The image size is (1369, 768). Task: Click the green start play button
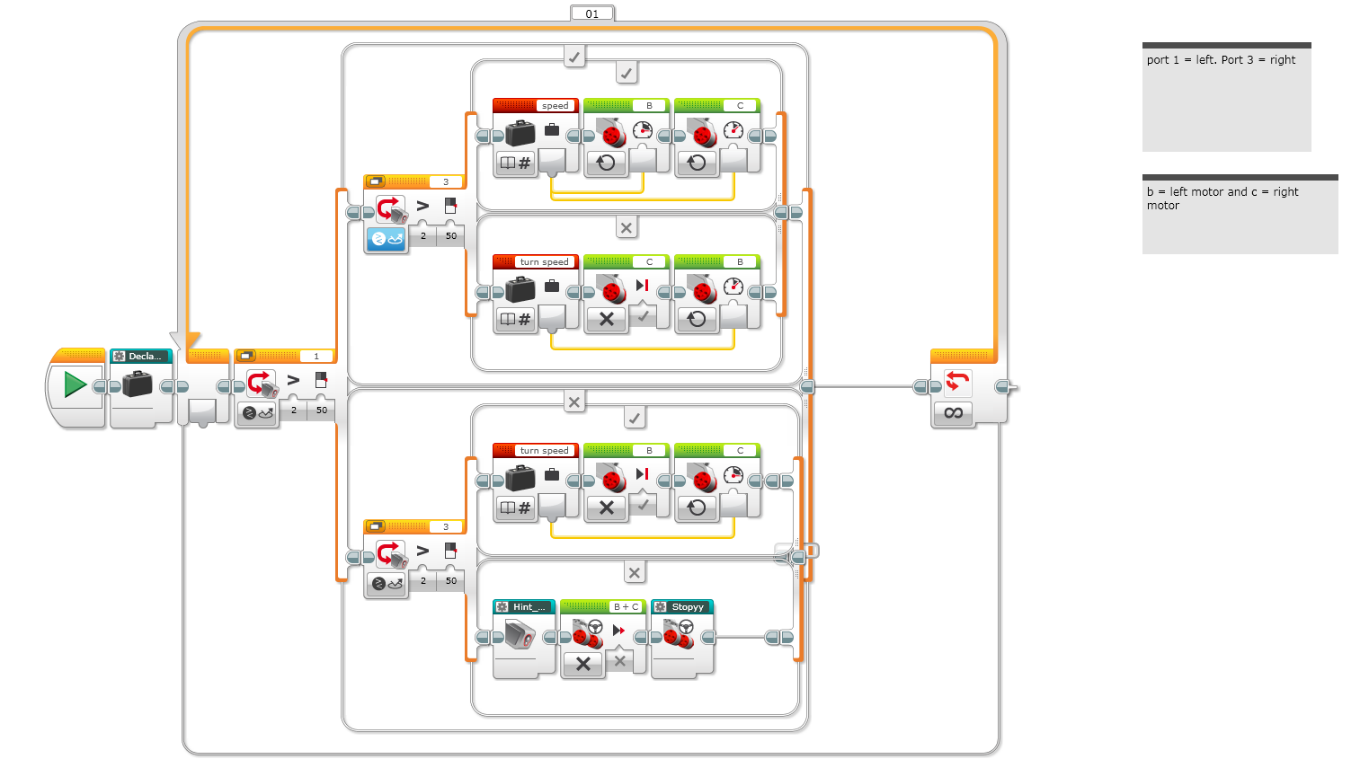tap(75, 385)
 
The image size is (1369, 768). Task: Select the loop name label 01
tap(591, 13)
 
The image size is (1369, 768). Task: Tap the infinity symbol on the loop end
tap(954, 413)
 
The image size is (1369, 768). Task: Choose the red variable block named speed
tap(536, 106)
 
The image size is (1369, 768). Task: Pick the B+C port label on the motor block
tap(626, 607)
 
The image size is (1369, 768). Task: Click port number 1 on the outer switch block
tap(316, 357)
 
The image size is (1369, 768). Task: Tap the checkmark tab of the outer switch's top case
tap(574, 57)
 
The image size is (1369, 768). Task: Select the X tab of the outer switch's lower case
tap(574, 402)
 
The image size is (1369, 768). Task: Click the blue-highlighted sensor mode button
tap(387, 239)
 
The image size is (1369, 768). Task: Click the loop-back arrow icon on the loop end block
tap(957, 382)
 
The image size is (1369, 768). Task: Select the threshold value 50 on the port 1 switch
tap(322, 410)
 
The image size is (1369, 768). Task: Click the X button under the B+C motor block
tap(582, 664)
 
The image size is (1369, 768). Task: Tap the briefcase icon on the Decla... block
tap(138, 384)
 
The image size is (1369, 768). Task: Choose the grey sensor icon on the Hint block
tap(520, 635)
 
